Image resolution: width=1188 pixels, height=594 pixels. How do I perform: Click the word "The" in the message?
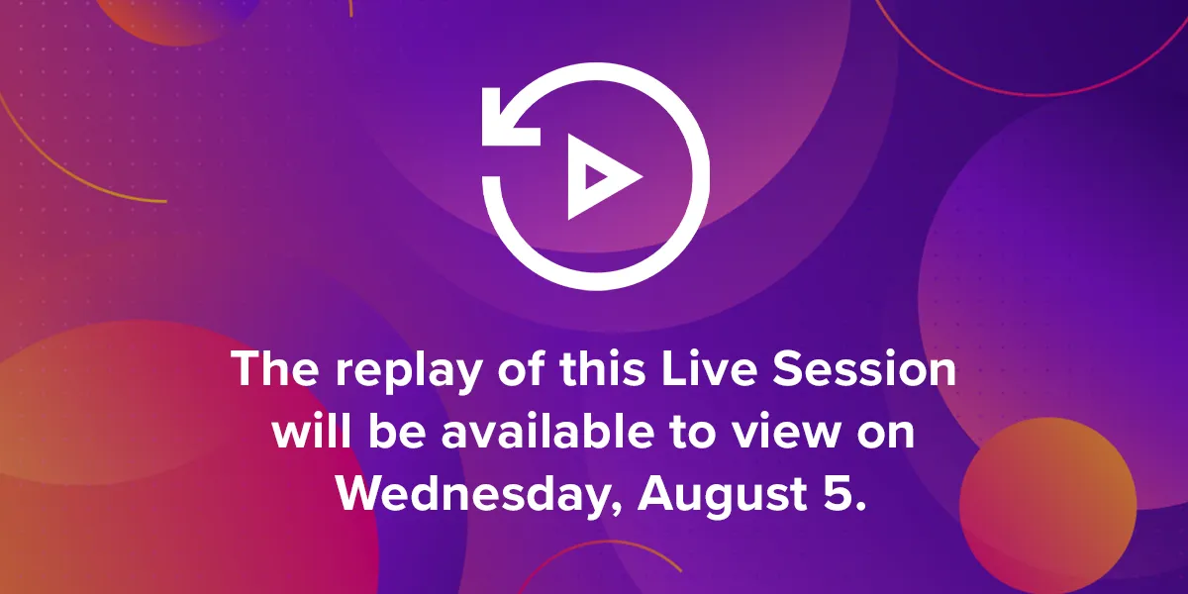(275, 368)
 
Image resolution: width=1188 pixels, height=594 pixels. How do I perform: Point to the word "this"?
(603, 368)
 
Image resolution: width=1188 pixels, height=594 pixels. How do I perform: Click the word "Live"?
(709, 368)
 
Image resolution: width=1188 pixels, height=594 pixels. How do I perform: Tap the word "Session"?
(864, 368)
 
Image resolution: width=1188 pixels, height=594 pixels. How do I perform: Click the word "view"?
(786, 432)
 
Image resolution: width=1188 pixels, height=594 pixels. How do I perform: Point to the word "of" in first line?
(521, 368)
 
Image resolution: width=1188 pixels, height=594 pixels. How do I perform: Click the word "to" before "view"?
(693, 433)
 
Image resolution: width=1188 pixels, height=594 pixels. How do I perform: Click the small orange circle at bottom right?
(1048, 506)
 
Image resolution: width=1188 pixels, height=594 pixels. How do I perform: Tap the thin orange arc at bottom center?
(598, 543)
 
